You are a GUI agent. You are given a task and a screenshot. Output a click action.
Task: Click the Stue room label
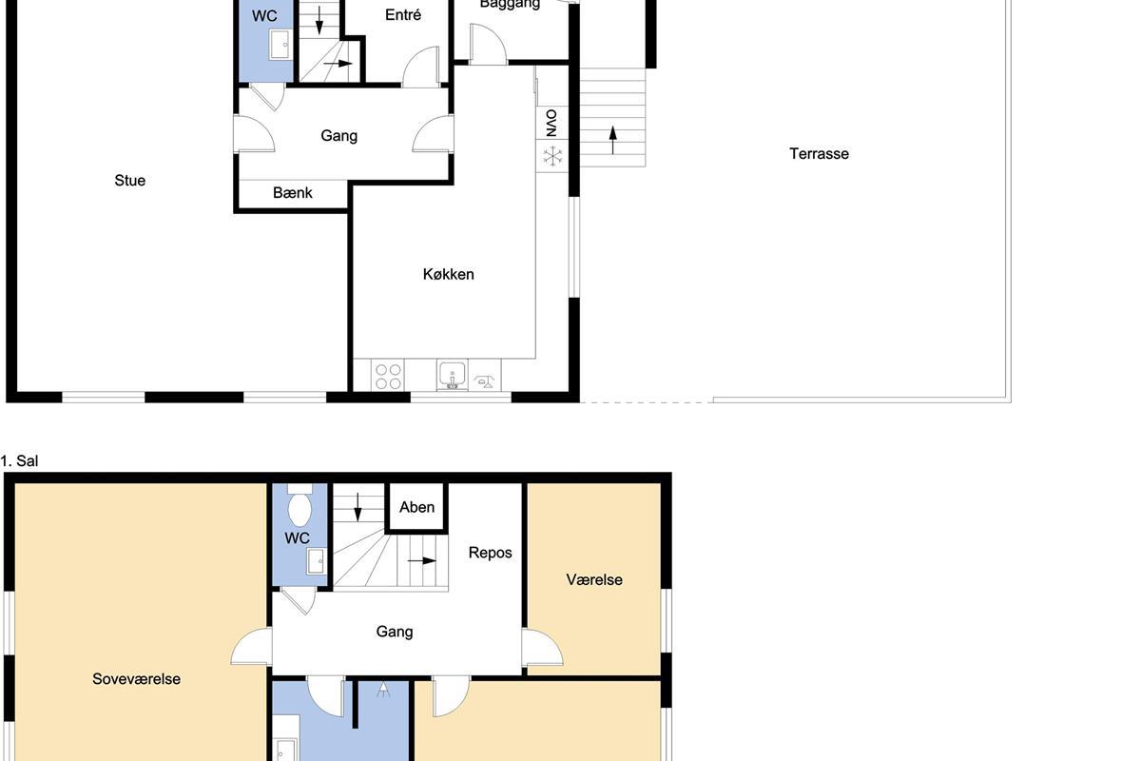(130, 181)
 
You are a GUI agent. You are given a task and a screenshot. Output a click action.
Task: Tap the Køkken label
(448, 274)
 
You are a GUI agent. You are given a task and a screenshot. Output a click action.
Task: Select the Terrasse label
(819, 154)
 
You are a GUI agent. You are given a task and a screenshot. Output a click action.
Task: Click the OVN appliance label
(551, 123)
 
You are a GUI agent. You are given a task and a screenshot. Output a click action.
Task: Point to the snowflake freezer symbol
(552, 156)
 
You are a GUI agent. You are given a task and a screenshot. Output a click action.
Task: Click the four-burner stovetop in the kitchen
(388, 376)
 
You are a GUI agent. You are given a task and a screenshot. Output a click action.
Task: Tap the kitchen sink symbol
(453, 375)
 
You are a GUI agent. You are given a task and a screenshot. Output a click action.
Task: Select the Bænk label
(293, 193)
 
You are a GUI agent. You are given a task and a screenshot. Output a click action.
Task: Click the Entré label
(403, 15)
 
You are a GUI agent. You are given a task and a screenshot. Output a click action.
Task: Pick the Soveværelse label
(137, 679)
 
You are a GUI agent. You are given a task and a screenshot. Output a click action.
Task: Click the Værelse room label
(594, 579)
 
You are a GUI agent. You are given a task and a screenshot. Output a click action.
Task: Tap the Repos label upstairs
(490, 553)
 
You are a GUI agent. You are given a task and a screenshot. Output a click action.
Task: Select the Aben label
(416, 507)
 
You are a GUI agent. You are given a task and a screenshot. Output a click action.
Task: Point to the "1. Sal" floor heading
(19, 460)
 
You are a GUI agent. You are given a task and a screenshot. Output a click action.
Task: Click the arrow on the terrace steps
(612, 140)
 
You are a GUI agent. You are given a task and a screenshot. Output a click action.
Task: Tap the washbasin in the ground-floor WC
(280, 45)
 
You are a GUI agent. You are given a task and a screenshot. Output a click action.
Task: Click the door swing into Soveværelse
(251, 646)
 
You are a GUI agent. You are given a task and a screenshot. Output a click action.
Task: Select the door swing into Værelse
(543, 648)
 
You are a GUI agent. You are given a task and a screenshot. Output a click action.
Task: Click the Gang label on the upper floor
(395, 632)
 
